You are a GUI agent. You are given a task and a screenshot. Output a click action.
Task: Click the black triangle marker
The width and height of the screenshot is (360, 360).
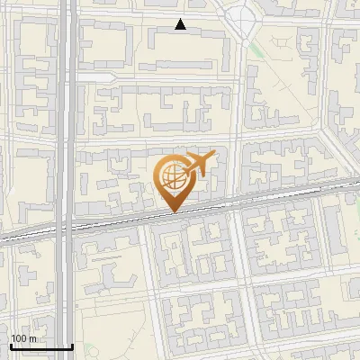(181, 24)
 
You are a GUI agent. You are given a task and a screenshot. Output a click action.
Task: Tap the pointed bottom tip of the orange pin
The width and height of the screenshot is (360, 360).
(172, 211)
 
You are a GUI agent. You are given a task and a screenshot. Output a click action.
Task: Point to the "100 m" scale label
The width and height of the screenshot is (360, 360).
(23, 337)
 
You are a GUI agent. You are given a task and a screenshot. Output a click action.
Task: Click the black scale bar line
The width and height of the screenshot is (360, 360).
(40, 346)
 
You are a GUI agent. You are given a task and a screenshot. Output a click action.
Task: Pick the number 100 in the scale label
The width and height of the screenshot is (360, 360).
(19, 337)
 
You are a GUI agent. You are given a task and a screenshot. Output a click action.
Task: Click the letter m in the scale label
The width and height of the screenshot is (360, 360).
(32, 337)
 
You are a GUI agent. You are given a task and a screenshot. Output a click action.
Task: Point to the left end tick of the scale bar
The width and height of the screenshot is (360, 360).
(10, 345)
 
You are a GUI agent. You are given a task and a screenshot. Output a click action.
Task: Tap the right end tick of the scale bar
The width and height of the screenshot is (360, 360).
(72, 345)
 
